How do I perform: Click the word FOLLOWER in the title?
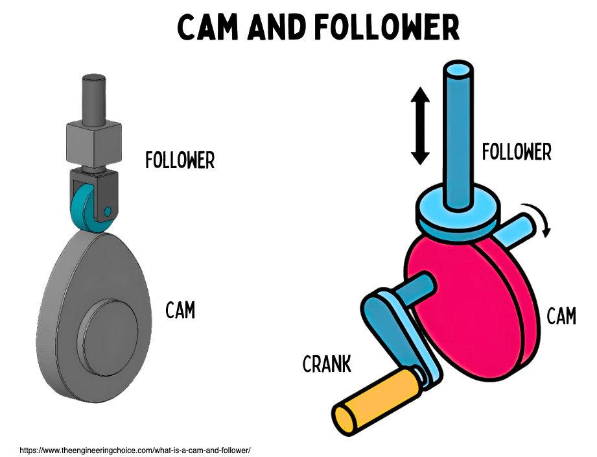coord(389,28)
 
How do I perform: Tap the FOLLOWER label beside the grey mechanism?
coord(180,160)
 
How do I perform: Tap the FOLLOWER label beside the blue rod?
coord(517,152)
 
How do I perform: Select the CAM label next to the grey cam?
coord(180,310)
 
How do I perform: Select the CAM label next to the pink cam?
coord(561,316)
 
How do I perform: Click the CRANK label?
coord(327,364)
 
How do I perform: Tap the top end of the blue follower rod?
coord(459,70)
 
